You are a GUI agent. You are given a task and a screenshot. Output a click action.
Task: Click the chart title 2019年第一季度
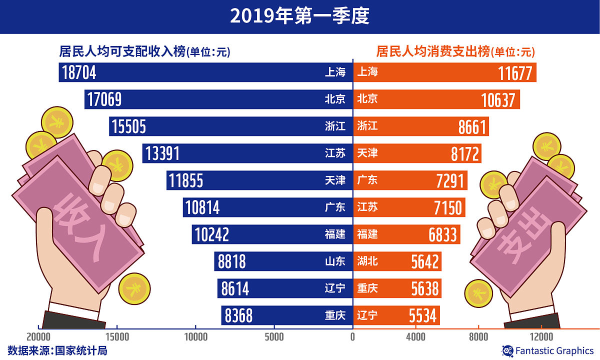pos(299,16)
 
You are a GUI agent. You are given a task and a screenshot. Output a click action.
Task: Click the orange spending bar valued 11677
pos(445,72)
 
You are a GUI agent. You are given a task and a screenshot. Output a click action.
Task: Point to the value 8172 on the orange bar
pos(465,154)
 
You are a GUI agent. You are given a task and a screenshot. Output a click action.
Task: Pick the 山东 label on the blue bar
pos(335,261)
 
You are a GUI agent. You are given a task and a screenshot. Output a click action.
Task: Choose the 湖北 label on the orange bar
pos(367,261)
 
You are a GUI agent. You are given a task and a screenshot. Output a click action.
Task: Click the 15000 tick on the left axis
pos(116,337)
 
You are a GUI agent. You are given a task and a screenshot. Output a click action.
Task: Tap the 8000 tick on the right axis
pos(478,337)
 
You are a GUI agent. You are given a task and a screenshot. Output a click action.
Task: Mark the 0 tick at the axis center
pos(352,337)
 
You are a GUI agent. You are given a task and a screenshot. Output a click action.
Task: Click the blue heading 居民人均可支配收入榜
pos(122,51)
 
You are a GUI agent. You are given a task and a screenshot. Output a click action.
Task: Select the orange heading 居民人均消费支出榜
pos(432,51)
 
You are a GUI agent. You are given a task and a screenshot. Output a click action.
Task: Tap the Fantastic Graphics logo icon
pos(507,350)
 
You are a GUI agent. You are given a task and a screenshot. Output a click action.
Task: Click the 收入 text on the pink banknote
pos(75,225)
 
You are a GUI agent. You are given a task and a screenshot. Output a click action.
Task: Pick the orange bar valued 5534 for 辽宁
pos(397,315)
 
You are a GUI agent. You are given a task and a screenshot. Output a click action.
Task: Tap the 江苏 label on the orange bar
pos(367,207)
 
